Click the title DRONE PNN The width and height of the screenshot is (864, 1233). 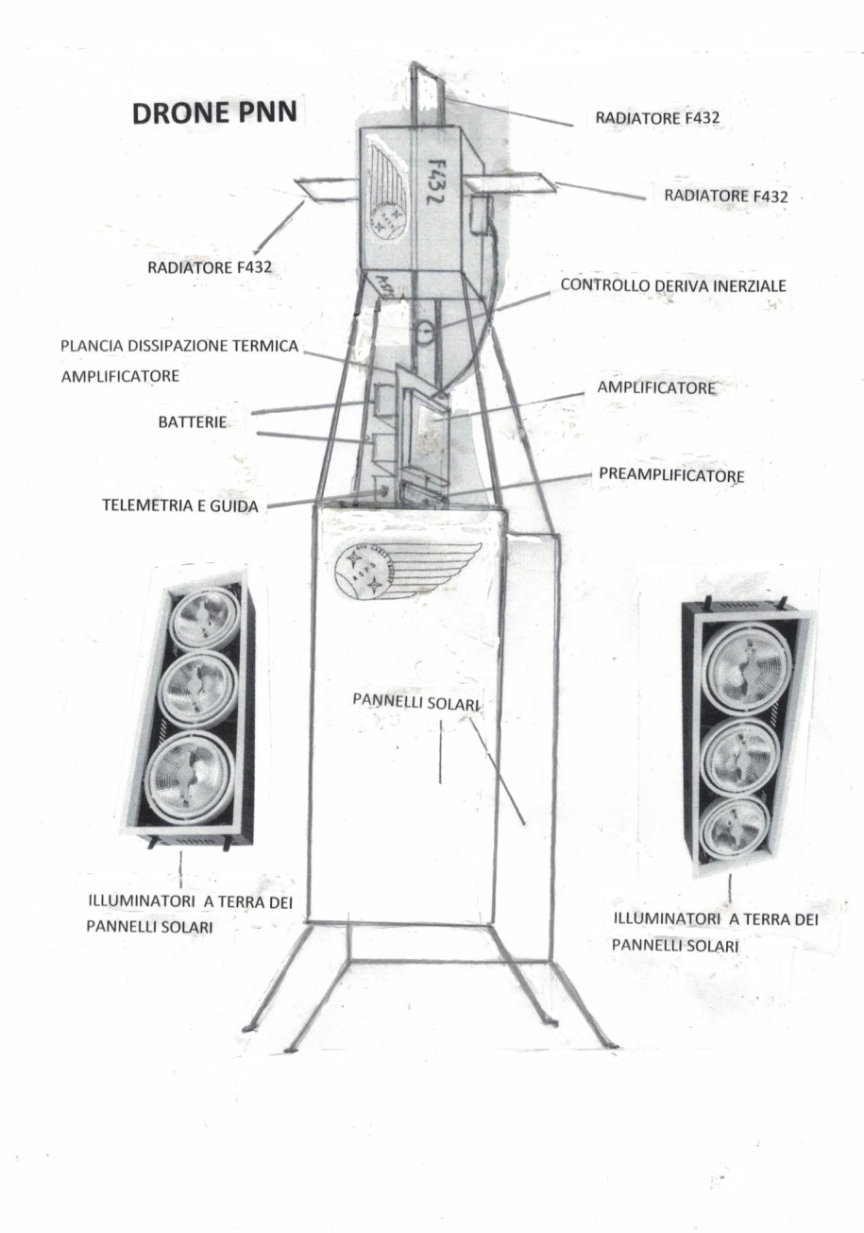click(214, 113)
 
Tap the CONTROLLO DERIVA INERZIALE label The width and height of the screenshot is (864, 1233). click(672, 284)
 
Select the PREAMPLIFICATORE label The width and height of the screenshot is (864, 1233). click(671, 475)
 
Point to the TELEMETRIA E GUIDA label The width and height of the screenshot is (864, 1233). click(178, 505)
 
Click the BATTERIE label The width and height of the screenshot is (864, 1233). click(192, 421)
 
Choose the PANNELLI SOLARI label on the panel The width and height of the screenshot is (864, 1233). click(416, 703)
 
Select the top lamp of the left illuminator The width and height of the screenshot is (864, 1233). click(204, 615)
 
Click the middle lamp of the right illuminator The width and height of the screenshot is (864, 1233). click(741, 755)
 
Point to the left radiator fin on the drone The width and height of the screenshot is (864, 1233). click(325, 189)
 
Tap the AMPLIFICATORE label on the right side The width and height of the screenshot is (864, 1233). click(656, 387)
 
